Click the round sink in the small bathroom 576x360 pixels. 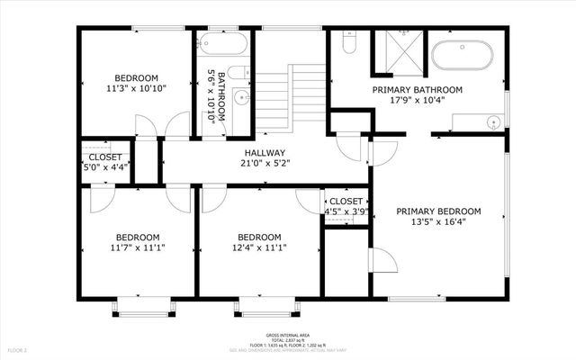tap(240, 97)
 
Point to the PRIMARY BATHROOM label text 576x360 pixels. tap(417, 90)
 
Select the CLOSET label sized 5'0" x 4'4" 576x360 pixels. tap(104, 157)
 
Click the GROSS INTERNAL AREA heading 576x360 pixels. tap(288, 333)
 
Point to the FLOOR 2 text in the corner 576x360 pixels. tap(18, 349)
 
